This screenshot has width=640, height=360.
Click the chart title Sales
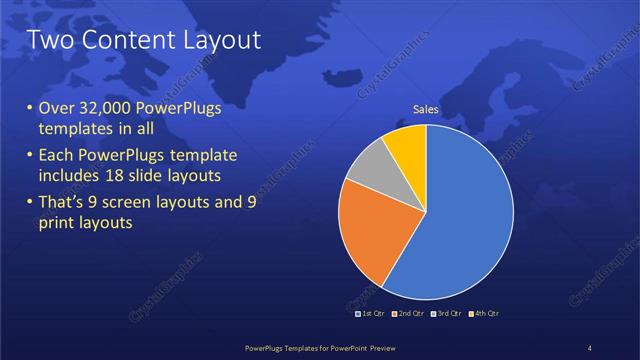click(426, 110)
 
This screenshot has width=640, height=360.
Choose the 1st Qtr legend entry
click(374, 314)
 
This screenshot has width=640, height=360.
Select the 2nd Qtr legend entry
click(411, 314)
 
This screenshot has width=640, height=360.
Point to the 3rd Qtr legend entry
click(446, 314)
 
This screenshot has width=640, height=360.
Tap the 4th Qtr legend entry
click(482, 314)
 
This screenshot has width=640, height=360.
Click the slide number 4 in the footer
click(590, 347)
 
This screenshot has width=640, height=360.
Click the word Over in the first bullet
click(54, 108)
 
